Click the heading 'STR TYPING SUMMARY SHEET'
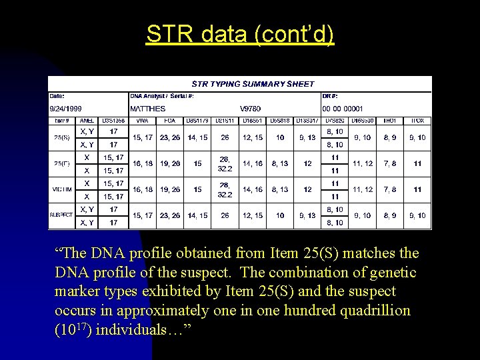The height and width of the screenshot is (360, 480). pos(253,84)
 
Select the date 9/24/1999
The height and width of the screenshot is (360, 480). pos(66,109)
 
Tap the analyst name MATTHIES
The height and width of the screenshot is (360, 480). pos(148,109)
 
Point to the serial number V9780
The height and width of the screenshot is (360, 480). pos(250,109)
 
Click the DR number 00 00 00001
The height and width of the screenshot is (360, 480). pos(343,109)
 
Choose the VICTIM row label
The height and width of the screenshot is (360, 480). pos(61,189)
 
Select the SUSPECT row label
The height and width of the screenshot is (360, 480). pos(61,215)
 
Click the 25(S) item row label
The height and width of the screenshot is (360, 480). pos(61,138)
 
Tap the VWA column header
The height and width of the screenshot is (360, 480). pos(142,121)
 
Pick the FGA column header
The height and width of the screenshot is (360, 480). pos(170,121)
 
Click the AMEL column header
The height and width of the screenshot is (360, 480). pos(87,121)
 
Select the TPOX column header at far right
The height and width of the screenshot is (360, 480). pos(417,121)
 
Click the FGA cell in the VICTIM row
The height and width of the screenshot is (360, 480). pos(170,189)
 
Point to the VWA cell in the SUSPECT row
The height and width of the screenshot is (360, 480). pos(142,215)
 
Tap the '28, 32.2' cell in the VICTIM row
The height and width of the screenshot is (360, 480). pos(225,189)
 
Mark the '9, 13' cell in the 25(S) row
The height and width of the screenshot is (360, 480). pos(307,138)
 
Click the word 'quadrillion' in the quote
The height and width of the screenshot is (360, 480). pos(375,311)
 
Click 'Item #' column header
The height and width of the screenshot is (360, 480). pos(61,121)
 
